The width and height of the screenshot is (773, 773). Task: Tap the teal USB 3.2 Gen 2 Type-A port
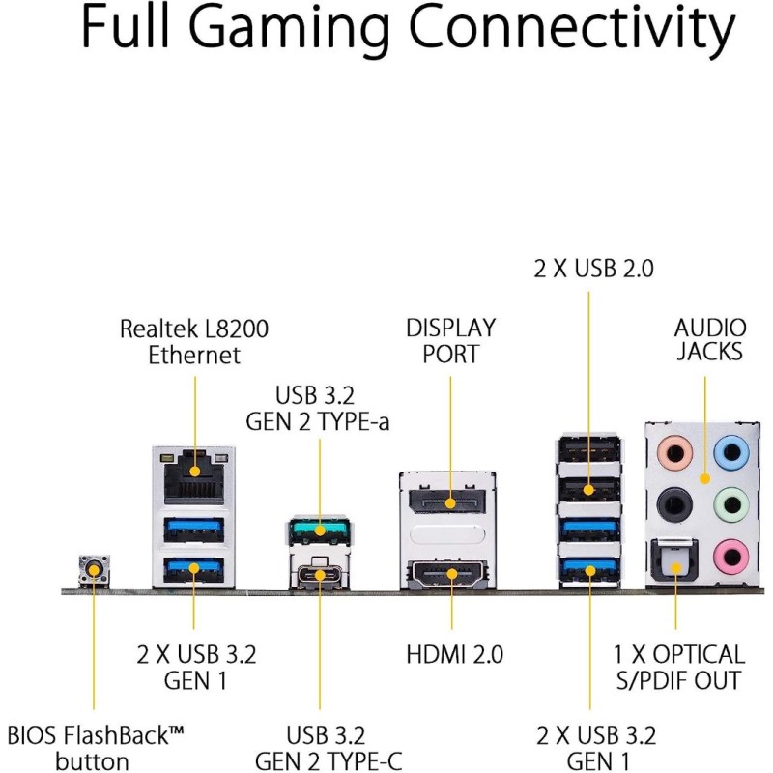pos(318,530)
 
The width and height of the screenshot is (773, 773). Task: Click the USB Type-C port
pos(318,577)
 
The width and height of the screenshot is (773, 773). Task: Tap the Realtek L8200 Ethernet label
pos(194,341)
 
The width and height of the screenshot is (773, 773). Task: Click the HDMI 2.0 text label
pos(454,654)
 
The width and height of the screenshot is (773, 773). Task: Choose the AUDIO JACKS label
pos(708,339)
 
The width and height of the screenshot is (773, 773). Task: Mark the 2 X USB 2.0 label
pos(593,269)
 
